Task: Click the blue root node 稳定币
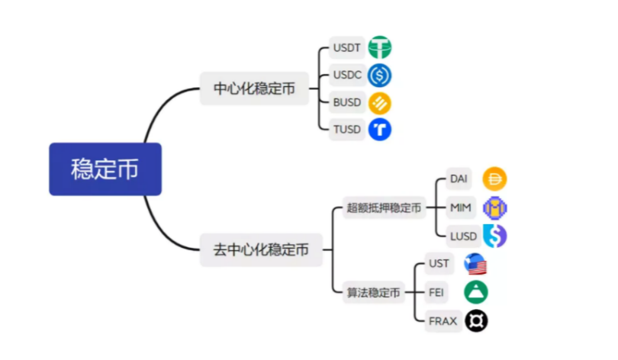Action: tap(105, 169)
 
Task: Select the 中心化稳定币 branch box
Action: tap(254, 88)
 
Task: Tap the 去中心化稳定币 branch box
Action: tap(261, 249)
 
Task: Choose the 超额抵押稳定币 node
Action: tap(384, 207)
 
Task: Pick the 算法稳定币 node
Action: tap(373, 292)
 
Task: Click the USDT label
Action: tap(346, 48)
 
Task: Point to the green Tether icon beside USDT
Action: tap(379, 48)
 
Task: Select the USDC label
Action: tap(346, 76)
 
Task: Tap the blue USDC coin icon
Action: tap(379, 76)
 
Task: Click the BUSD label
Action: tap(346, 103)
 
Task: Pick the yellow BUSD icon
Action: tap(379, 103)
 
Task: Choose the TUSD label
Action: tap(346, 130)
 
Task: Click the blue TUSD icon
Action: tap(379, 130)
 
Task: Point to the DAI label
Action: tap(459, 179)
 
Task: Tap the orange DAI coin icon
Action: tap(495, 179)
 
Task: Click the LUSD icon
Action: tap(494, 236)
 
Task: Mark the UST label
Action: tap(439, 264)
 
